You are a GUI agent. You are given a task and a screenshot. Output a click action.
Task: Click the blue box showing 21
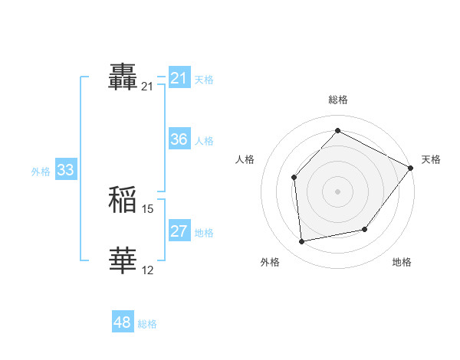pyautogui.click(x=179, y=78)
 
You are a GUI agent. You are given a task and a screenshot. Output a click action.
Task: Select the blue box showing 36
pyautogui.click(x=179, y=139)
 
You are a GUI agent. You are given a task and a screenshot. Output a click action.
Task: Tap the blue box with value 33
pyautogui.click(x=65, y=170)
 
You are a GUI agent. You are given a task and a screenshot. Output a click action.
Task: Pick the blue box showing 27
pyautogui.click(x=179, y=231)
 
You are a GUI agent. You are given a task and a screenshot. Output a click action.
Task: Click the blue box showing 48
pyautogui.click(x=123, y=322)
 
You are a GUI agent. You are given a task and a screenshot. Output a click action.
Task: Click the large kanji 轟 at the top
pyautogui.click(x=123, y=77)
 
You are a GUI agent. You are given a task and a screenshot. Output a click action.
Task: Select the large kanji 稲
pyautogui.click(x=123, y=200)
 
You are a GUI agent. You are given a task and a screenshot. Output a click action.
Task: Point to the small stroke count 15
pyautogui.click(x=148, y=208)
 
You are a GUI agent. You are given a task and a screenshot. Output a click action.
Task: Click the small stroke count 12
pyautogui.click(x=148, y=270)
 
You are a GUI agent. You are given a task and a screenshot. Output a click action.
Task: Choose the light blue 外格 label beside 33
pyautogui.click(x=41, y=172)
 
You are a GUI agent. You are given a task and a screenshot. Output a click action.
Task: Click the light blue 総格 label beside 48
pyautogui.click(x=147, y=324)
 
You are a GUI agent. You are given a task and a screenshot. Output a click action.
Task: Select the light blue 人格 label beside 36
pyautogui.click(x=204, y=141)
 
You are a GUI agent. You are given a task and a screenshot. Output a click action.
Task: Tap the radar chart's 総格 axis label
pyautogui.click(x=337, y=100)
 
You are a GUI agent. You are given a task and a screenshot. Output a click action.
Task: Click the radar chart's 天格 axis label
pyautogui.click(x=431, y=159)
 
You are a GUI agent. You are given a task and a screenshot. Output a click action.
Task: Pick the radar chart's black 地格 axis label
pyautogui.click(x=402, y=263)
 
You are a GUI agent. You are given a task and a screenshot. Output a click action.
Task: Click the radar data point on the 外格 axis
pyautogui.click(x=302, y=242)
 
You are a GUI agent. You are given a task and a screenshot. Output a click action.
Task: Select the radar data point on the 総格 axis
pyautogui.click(x=337, y=131)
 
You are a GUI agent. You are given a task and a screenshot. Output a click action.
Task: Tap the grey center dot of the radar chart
pyautogui.click(x=337, y=191)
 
